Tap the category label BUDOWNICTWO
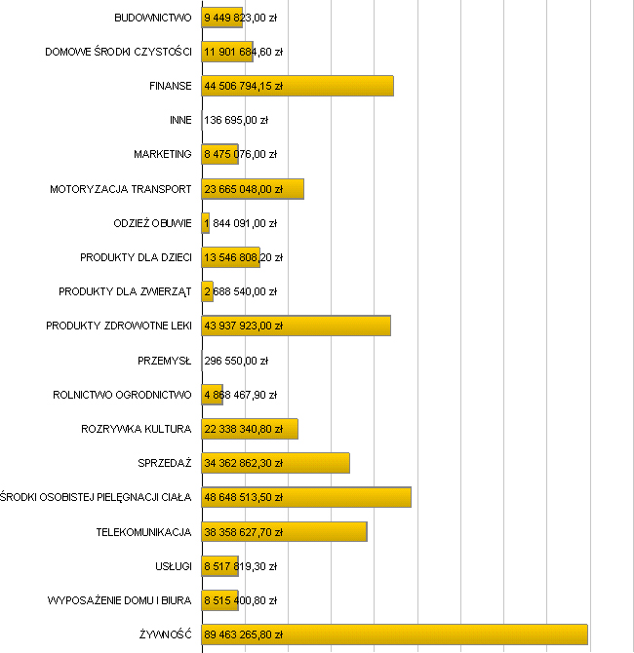tap(153, 18)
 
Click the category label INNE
tap(180, 120)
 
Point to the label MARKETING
tap(163, 154)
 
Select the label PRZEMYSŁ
tap(165, 361)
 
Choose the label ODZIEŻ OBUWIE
tap(152, 223)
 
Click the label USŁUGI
tap(173, 566)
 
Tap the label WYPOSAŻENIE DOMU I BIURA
tap(119, 600)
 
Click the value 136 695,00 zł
tap(236, 120)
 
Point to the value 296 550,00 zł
tap(236, 361)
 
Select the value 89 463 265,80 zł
tap(243, 634)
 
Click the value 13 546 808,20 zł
tap(243, 257)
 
